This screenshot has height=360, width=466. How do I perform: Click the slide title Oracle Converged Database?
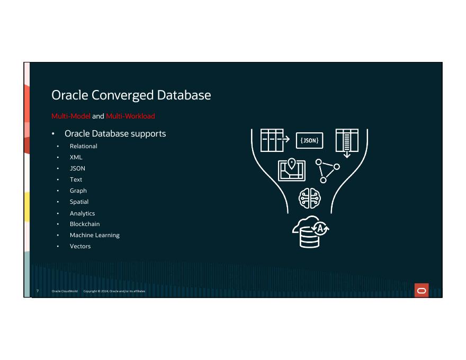pyautogui.click(x=131, y=95)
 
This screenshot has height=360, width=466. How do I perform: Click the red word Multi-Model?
pyautogui.click(x=71, y=116)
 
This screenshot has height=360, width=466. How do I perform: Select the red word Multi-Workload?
pyautogui.click(x=130, y=116)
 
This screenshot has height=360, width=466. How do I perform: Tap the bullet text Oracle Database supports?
pyautogui.click(x=115, y=133)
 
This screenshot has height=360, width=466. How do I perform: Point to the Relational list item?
pyautogui.click(x=84, y=146)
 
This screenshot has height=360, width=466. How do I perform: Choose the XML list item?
pyautogui.click(x=76, y=157)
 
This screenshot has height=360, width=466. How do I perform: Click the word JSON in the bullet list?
pyautogui.click(x=77, y=168)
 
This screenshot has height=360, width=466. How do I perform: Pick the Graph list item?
pyautogui.click(x=78, y=191)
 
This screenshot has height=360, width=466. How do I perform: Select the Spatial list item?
pyautogui.click(x=79, y=202)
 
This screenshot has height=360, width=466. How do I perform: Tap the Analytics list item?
pyautogui.click(x=82, y=213)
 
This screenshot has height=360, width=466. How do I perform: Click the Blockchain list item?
pyautogui.click(x=85, y=224)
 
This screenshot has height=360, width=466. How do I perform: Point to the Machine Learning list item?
pyautogui.click(x=95, y=235)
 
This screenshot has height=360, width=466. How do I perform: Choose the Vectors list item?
pyautogui.click(x=80, y=246)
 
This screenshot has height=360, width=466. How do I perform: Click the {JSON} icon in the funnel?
pyautogui.click(x=309, y=141)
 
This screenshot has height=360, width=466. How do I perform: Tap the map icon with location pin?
pyautogui.click(x=291, y=169)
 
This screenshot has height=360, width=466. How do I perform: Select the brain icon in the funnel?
pyautogui.click(x=310, y=199)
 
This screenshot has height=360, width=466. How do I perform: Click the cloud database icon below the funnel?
pyautogui.click(x=311, y=232)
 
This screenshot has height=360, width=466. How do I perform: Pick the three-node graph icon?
pyautogui.click(x=327, y=170)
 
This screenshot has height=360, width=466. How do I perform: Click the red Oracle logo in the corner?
pyautogui.click(x=422, y=291)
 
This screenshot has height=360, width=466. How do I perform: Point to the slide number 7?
pyautogui.click(x=38, y=291)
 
